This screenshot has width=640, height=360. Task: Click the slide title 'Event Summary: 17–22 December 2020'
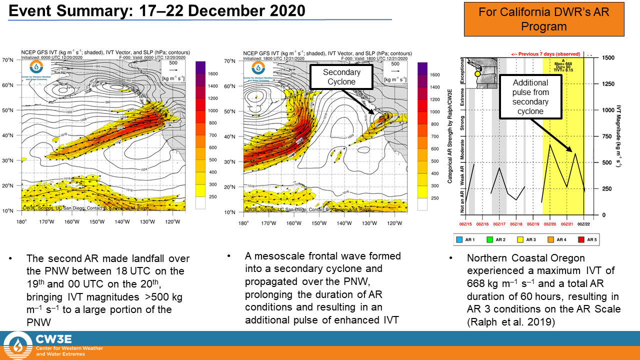pyautogui.click(x=157, y=10)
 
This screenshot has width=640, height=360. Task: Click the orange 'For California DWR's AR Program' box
pyautogui.click(x=544, y=19)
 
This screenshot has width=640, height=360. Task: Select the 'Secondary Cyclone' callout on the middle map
pyautogui.click(x=341, y=76)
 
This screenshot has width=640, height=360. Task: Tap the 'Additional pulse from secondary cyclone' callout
pyautogui.click(x=530, y=97)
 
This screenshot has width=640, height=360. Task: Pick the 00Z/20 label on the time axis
pyautogui.click(x=550, y=224)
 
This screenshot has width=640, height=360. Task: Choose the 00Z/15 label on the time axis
pyautogui.click(x=466, y=224)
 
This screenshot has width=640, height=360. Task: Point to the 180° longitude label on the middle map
pyautogui.click(x=243, y=222)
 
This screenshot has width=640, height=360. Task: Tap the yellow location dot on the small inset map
pyautogui.click(x=477, y=73)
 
